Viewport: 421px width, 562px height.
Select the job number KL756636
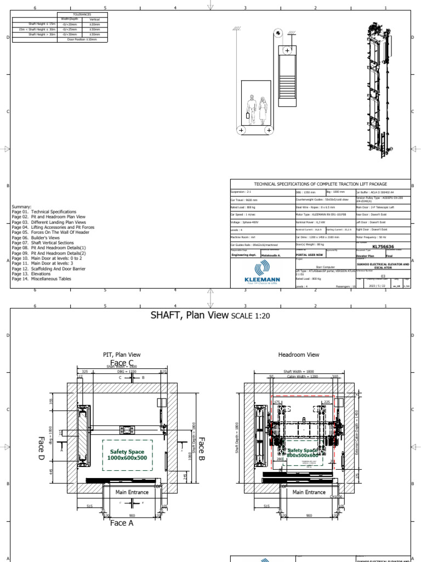point(383,247)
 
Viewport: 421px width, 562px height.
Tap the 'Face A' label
point(122,523)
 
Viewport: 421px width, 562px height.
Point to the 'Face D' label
point(41,447)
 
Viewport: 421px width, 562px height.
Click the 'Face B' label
point(201,448)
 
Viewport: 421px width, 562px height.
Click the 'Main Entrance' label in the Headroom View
point(309,492)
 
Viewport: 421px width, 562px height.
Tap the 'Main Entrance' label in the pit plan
point(132,492)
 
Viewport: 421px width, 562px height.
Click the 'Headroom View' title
point(299,355)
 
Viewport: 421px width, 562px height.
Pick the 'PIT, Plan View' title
point(122,355)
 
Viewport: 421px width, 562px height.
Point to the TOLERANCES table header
point(82,15)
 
